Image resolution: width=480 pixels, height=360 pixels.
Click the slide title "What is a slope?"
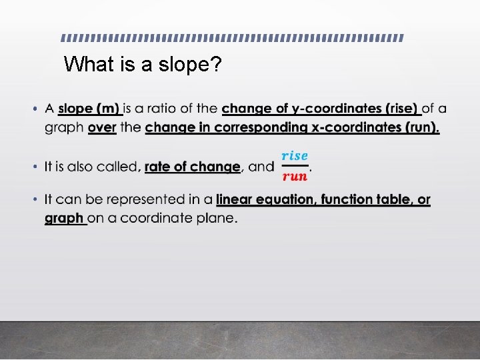[x=143, y=65]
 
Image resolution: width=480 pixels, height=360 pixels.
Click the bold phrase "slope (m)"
[x=89, y=108]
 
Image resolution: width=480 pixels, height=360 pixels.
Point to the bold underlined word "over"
[x=102, y=127]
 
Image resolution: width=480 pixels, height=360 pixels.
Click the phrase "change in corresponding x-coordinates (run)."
[x=292, y=127]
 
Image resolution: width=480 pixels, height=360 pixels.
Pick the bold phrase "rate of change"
[x=192, y=167]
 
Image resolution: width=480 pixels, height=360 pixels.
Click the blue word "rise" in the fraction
[x=295, y=155]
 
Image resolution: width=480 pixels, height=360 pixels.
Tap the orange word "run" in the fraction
[x=295, y=177]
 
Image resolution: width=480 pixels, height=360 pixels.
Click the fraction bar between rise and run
[x=295, y=166]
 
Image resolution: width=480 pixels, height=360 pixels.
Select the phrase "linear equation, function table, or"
[x=323, y=199]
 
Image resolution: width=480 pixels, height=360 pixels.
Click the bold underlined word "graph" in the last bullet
[x=64, y=218]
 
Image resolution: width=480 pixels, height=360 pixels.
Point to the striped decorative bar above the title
[x=233, y=37]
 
